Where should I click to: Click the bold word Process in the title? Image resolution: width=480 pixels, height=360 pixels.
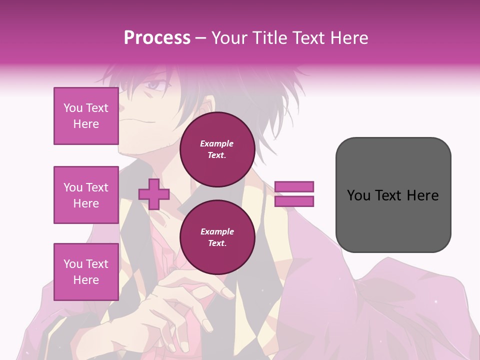tap(157, 38)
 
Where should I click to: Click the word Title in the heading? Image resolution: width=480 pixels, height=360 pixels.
tap(271, 38)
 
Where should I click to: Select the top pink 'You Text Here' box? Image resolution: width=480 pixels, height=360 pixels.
tap(86, 116)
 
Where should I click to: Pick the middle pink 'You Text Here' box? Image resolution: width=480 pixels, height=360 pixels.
tap(86, 195)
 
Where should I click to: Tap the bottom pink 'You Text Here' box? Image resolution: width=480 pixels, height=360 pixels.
tap(86, 271)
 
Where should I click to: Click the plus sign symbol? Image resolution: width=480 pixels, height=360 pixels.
tap(154, 194)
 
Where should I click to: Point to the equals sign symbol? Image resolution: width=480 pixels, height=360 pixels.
tap(294, 194)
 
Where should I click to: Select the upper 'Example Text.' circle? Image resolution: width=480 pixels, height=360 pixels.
tap(217, 149)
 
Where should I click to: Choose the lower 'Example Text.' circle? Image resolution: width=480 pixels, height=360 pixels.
tap(217, 237)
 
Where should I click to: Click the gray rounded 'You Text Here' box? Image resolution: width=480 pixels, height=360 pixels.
tap(393, 194)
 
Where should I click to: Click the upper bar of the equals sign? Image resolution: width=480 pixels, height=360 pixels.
tap(294, 187)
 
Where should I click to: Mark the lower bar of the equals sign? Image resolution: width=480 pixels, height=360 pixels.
tap(294, 201)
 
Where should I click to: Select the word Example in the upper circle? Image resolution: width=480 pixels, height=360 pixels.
tap(217, 143)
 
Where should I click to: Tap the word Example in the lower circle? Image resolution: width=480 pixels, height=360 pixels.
tap(217, 231)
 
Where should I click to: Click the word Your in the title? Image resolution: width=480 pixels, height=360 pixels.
tap(230, 38)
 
